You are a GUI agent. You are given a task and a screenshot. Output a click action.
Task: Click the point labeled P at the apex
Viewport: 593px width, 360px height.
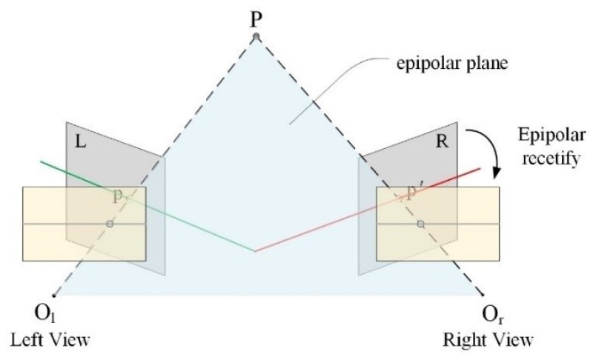pos(256,37)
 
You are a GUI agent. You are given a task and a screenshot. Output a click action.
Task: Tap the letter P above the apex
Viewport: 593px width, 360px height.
pos(256,16)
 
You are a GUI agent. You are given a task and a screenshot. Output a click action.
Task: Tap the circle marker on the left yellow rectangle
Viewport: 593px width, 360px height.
pos(110,224)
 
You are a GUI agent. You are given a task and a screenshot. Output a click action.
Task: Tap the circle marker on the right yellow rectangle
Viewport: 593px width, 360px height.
pos(420,224)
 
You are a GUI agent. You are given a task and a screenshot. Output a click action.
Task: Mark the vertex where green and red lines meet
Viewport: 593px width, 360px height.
pos(255,251)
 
